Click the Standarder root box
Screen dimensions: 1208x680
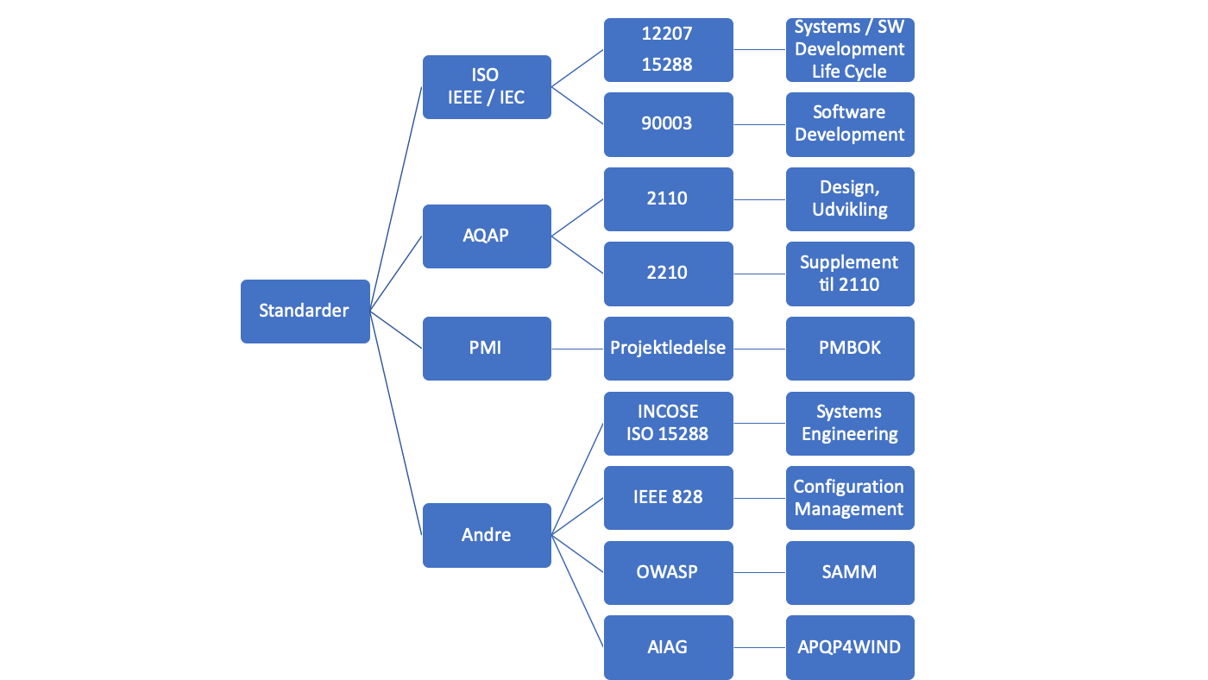click(305, 312)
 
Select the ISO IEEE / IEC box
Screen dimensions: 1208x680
click(487, 87)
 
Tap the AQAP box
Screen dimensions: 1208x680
click(487, 236)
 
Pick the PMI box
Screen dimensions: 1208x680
click(487, 349)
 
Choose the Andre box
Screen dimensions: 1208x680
click(487, 535)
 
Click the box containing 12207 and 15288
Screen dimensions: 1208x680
click(668, 49)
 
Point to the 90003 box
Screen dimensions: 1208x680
click(668, 124)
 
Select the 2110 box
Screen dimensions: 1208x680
click(668, 199)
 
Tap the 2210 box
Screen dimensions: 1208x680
click(668, 274)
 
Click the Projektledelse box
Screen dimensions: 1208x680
click(668, 349)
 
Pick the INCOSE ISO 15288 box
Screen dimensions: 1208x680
click(668, 424)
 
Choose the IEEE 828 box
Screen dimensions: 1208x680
click(668, 498)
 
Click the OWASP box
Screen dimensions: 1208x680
click(668, 573)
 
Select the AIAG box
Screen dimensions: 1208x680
click(668, 647)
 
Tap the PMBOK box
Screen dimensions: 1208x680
click(850, 349)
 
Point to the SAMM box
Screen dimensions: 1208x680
click(850, 573)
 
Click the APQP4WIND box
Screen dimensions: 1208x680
click(850, 647)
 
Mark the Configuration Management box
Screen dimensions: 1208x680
click(850, 498)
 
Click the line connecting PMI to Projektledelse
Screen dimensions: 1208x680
click(577, 349)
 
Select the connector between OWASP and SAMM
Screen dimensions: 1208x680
click(759, 573)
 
